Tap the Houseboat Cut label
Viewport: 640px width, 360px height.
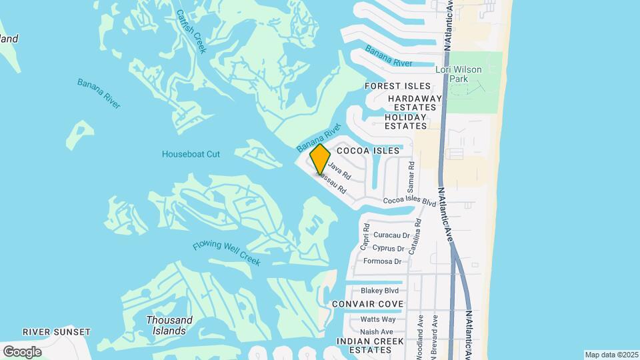tap(191, 154)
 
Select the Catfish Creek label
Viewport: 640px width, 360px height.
tap(192, 32)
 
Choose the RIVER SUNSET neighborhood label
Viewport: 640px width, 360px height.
tap(56, 332)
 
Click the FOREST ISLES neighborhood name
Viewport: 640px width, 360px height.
tap(398, 86)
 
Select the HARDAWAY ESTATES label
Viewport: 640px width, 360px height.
tap(414, 103)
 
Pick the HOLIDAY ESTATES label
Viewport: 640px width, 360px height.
tap(405, 121)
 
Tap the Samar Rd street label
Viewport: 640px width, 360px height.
tap(411, 175)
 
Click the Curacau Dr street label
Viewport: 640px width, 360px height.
tap(391, 235)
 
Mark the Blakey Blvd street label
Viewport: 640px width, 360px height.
tap(379, 291)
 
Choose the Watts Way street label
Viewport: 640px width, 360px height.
tap(378, 319)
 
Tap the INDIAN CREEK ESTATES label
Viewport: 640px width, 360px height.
tap(371, 345)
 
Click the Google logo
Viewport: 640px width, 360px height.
tap(23, 351)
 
